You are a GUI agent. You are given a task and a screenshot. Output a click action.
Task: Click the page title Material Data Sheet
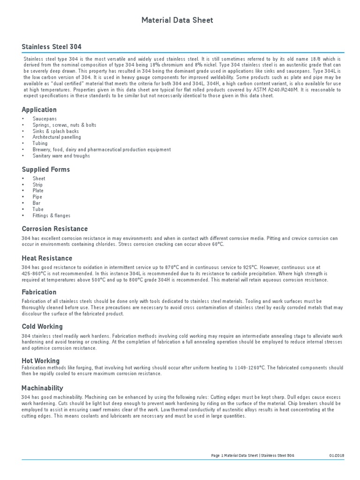[178, 20]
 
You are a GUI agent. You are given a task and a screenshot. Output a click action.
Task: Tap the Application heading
[39, 110]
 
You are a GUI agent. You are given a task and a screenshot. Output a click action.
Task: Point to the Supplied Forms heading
[46, 169]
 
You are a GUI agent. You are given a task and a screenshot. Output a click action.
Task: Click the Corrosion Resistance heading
[55, 229]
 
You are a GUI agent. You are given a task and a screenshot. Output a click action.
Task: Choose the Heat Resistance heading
[47, 258]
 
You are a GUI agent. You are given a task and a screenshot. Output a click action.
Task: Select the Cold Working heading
[42, 326]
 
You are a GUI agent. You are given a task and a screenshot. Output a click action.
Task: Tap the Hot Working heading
[41, 361]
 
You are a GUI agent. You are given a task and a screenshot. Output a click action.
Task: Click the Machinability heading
[42, 388]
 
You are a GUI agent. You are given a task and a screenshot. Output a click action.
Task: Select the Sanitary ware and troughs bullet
[61, 156]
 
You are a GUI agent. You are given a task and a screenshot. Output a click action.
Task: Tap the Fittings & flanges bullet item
[52, 216]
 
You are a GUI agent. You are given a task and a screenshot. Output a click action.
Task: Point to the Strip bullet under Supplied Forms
[37, 185]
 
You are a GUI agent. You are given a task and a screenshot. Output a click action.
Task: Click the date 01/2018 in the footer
[336, 456]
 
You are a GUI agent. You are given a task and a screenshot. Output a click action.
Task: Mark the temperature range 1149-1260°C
[249, 368]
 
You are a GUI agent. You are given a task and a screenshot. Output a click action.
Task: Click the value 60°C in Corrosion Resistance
[218, 244]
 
